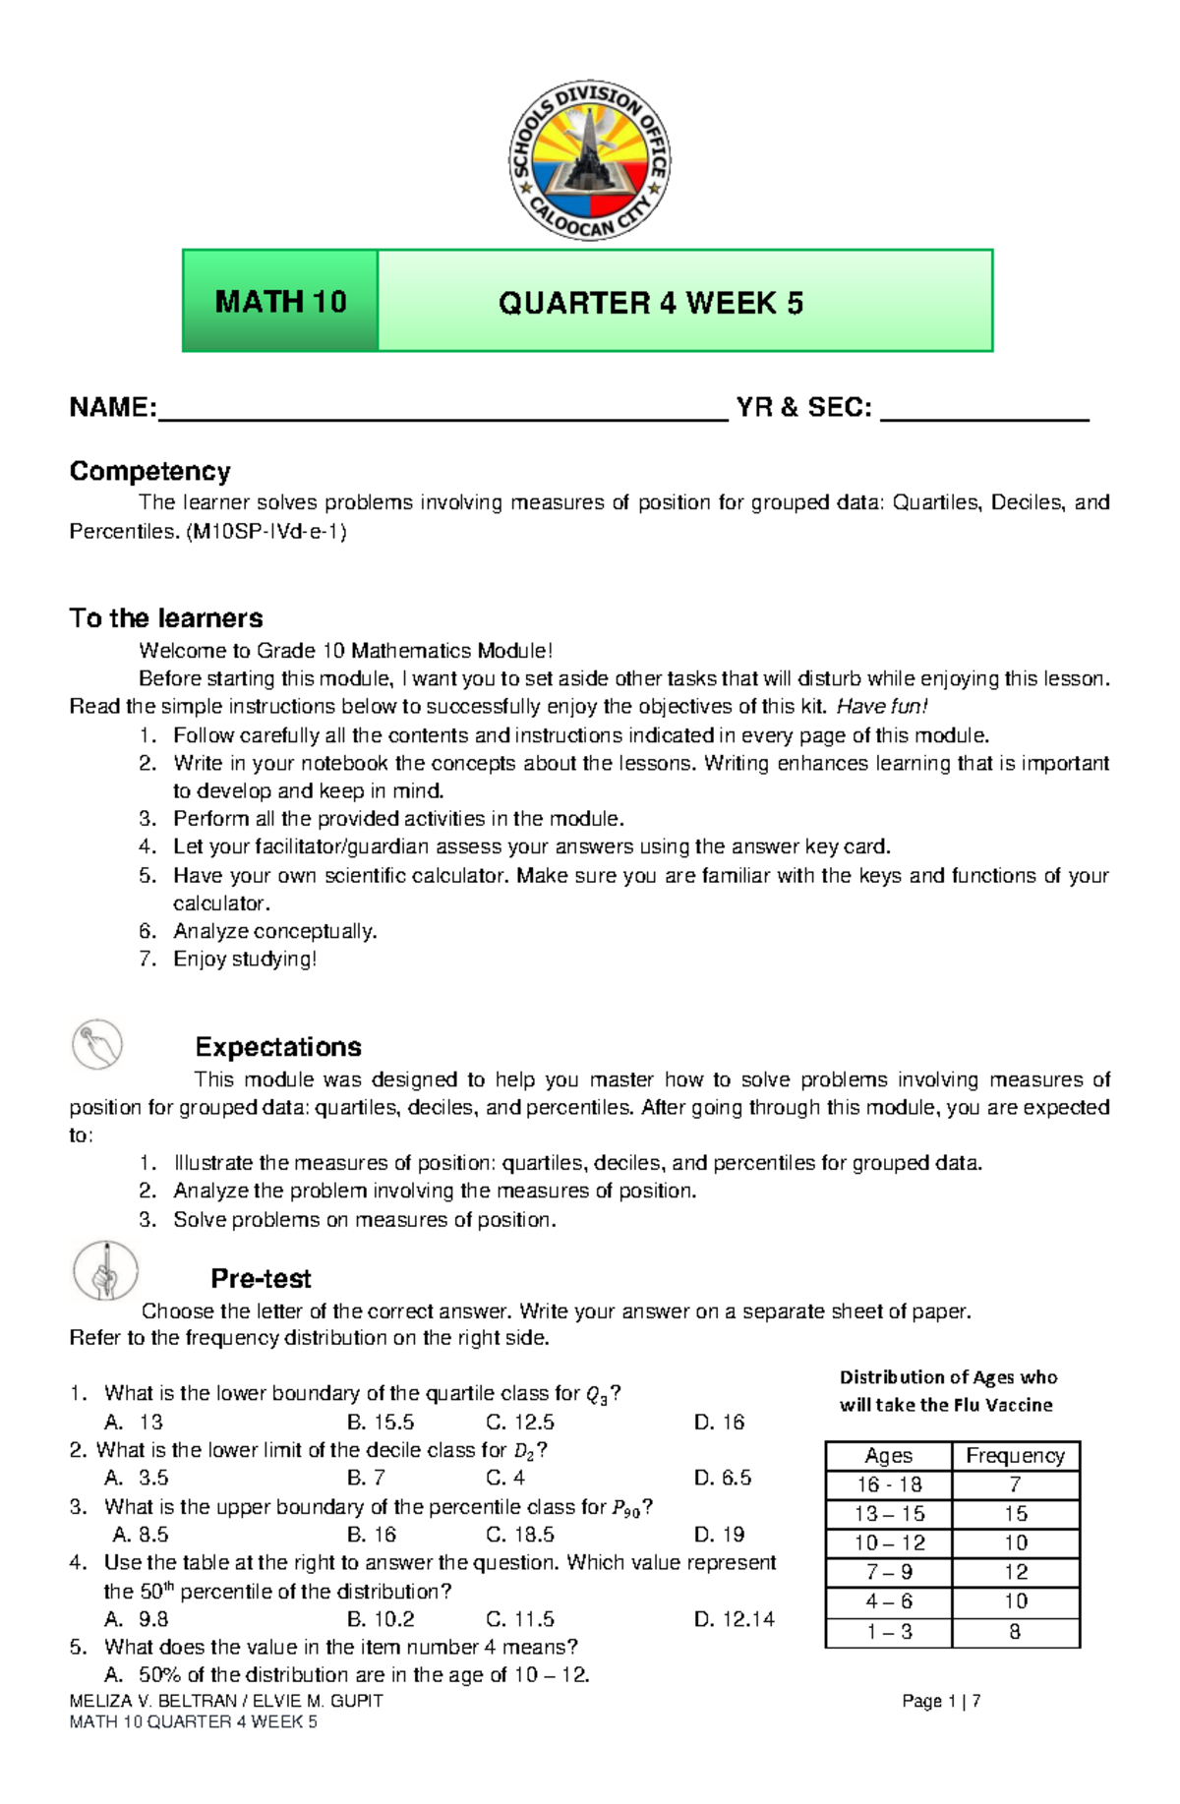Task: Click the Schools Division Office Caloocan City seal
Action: click(x=589, y=160)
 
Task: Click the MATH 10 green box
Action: click(x=280, y=301)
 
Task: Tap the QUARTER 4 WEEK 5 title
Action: click(x=650, y=303)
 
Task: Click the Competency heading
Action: click(x=149, y=471)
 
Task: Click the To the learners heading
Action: click(x=166, y=618)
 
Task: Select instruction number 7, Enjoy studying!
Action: click(x=244, y=959)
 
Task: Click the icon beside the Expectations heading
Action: click(x=97, y=1044)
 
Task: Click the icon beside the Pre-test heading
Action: click(x=105, y=1270)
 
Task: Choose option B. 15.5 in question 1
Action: click(x=381, y=1422)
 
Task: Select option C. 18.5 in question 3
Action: click(x=520, y=1534)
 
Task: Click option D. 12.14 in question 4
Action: click(x=734, y=1618)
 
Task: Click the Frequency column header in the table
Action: click(x=1015, y=1455)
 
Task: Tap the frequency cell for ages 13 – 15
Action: click(x=1015, y=1513)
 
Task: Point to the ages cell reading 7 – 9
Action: click(x=889, y=1572)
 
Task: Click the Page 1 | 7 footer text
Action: click(x=941, y=1701)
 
